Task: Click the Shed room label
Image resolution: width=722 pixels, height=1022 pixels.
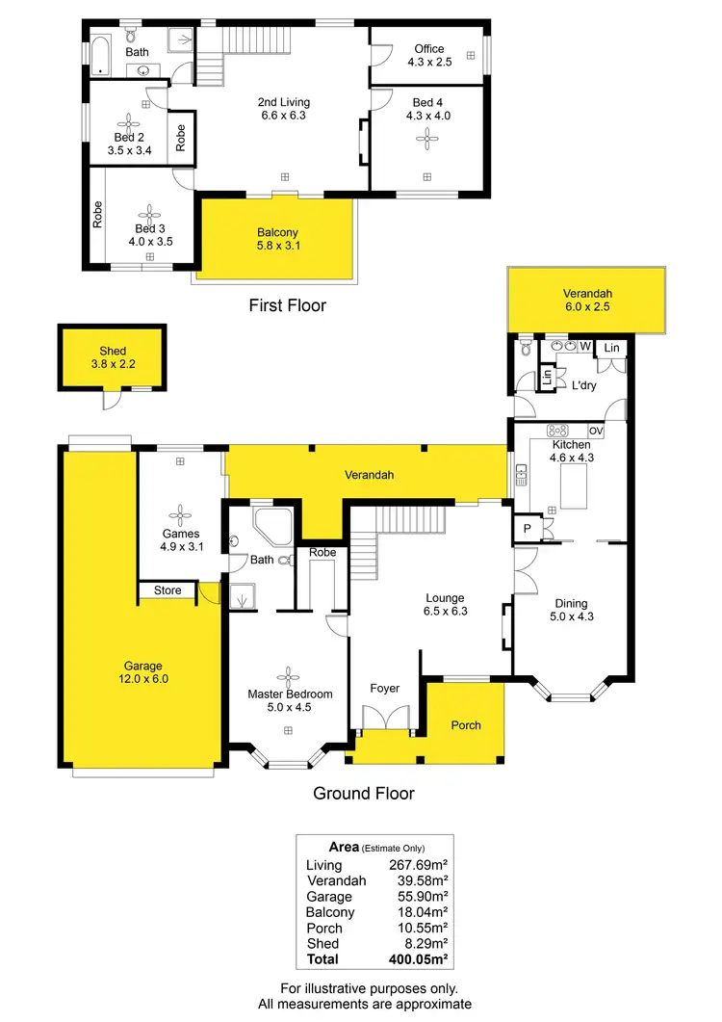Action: click(x=113, y=357)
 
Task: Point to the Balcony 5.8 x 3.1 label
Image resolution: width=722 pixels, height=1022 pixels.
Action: click(x=277, y=239)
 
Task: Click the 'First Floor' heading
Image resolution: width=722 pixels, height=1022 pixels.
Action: click(x=287, y=305)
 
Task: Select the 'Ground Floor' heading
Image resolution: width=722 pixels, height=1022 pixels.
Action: click(x=364, y=794)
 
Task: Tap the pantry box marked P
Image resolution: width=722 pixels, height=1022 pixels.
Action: click(x=529, y=530)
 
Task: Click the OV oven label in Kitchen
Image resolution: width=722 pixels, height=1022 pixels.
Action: click(x=595, y=431)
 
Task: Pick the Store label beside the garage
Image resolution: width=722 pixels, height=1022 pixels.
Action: click(x=168, y=590)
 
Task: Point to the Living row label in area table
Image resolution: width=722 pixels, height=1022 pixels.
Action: click(x=323, y=865)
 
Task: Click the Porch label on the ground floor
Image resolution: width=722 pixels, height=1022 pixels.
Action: click(x=465, y=725)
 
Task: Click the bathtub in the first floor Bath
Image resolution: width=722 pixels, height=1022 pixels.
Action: click(x=102, y=55)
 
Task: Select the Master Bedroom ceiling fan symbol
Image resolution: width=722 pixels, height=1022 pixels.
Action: click(x=288, y=674)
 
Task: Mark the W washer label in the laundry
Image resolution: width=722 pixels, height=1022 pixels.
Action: click(x=584, y=346)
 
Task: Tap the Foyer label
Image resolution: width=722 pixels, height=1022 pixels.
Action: click(x=385, y=689)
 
